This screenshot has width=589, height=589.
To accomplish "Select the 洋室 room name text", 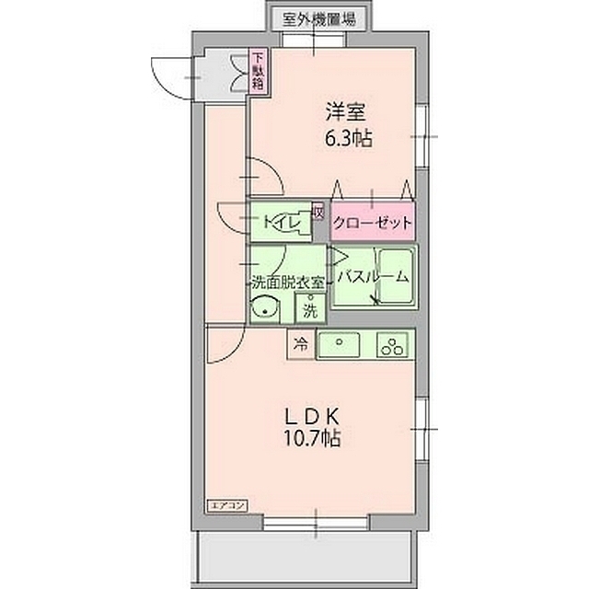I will pos(345,113).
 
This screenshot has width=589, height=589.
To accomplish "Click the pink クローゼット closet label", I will pos(372,222).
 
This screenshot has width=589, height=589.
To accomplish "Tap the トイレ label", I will pos(279,221).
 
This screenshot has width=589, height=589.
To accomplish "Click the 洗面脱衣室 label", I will pos(285,282).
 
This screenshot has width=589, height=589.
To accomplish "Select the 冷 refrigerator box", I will pos(300,345).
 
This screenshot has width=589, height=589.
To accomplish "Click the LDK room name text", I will pos(318,412).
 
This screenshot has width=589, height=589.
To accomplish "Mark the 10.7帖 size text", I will pos(317,439).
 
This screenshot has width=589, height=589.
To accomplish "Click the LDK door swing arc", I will pos(222,348).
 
